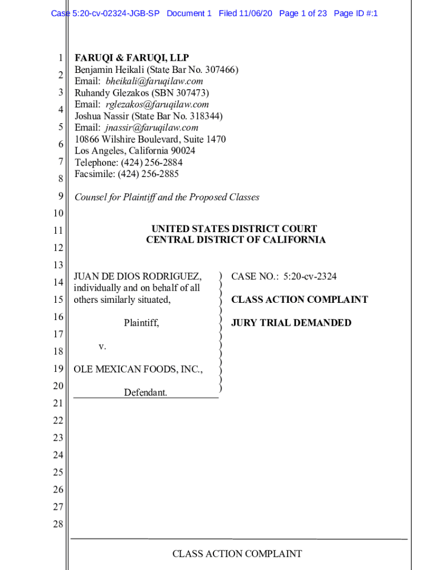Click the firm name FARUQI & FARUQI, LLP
click(x=132, y=58)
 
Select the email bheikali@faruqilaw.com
click(x=154, y=81)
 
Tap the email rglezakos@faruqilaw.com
click(x=157, y=104)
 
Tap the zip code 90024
click(x=182, y=151)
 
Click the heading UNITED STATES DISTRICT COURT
click(x=234, y=229)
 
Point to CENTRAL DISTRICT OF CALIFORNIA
click(x=236, y=240)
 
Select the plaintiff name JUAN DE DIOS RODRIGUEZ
click(x=138, y=277)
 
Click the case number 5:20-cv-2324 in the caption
click(x=310, y=277)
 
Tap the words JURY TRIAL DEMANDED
click(x=291, y=323)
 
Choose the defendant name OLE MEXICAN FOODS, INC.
click(x=138, y=369)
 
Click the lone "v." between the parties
click(x=102, y=346)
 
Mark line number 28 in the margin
click(x=58, y=524)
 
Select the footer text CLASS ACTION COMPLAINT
click(x=237, y=554)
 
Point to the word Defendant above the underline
click(x=145, y=392)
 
